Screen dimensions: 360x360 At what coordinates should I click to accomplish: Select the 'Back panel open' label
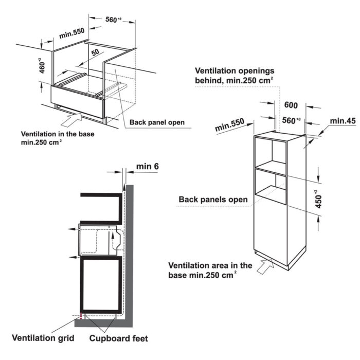click(156, 122)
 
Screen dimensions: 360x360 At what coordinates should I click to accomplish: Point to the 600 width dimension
click(291, 104)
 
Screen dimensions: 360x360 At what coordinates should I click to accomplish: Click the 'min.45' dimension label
click(343, 121)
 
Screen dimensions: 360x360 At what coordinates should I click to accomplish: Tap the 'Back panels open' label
click(213, 199)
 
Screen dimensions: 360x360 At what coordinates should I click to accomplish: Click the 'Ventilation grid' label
click(43, 338)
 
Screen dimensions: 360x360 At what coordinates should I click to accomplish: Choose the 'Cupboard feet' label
click(119, 338)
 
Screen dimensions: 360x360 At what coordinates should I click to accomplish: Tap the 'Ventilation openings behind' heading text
click(235, 70)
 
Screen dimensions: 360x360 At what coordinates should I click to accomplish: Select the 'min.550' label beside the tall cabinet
click(231, 127)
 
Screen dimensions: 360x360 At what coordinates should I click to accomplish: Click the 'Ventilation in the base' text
click(58, 134)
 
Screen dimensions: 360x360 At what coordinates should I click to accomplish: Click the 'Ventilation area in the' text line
click(211, 265)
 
